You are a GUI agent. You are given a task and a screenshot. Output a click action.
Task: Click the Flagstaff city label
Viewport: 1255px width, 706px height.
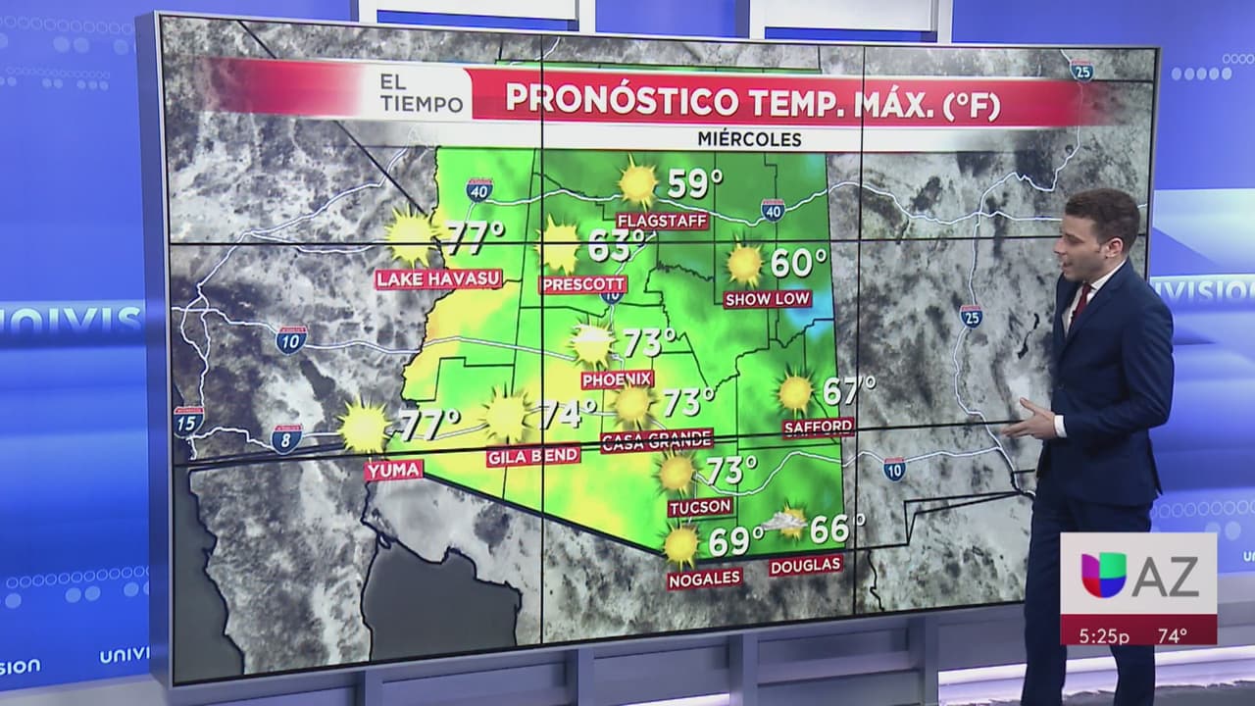(x=662, y=221)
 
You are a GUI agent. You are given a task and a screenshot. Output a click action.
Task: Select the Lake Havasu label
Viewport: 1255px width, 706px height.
(x=439, y=279)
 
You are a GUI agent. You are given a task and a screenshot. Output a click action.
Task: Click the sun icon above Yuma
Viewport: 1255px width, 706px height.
(x=365, y=428)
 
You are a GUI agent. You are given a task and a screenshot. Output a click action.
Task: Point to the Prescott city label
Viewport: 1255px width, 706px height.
(x=582, y=284)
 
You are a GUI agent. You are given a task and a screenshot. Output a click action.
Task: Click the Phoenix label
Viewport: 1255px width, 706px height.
(x=617, y=378)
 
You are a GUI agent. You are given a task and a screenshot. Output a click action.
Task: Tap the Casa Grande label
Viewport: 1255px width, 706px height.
(x=656, y=440)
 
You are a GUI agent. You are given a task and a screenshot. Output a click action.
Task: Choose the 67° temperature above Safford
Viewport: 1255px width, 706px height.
(x=848, y=390)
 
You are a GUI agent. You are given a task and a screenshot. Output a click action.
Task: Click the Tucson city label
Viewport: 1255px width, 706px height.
(x=700, y=507)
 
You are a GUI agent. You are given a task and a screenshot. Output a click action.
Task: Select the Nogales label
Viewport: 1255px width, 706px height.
(x=704, y=579)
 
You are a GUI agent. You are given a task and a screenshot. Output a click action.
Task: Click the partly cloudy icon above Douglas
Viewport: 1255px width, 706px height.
(x=787, y=522)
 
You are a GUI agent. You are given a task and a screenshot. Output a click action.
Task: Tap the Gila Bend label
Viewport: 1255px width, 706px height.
(x=533, y=457)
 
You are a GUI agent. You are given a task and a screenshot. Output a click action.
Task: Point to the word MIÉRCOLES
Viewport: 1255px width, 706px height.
(x=749, y=139)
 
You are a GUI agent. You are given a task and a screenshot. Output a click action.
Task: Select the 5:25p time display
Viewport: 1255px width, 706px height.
(x=1104, y=635)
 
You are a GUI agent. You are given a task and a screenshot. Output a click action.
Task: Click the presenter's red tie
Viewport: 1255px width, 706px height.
(x=1079, y=305)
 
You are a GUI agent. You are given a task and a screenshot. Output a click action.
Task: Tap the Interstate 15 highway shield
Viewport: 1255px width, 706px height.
(x=188, y=421)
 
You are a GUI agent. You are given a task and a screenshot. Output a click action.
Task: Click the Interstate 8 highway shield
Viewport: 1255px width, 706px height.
(x=286, y=438)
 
